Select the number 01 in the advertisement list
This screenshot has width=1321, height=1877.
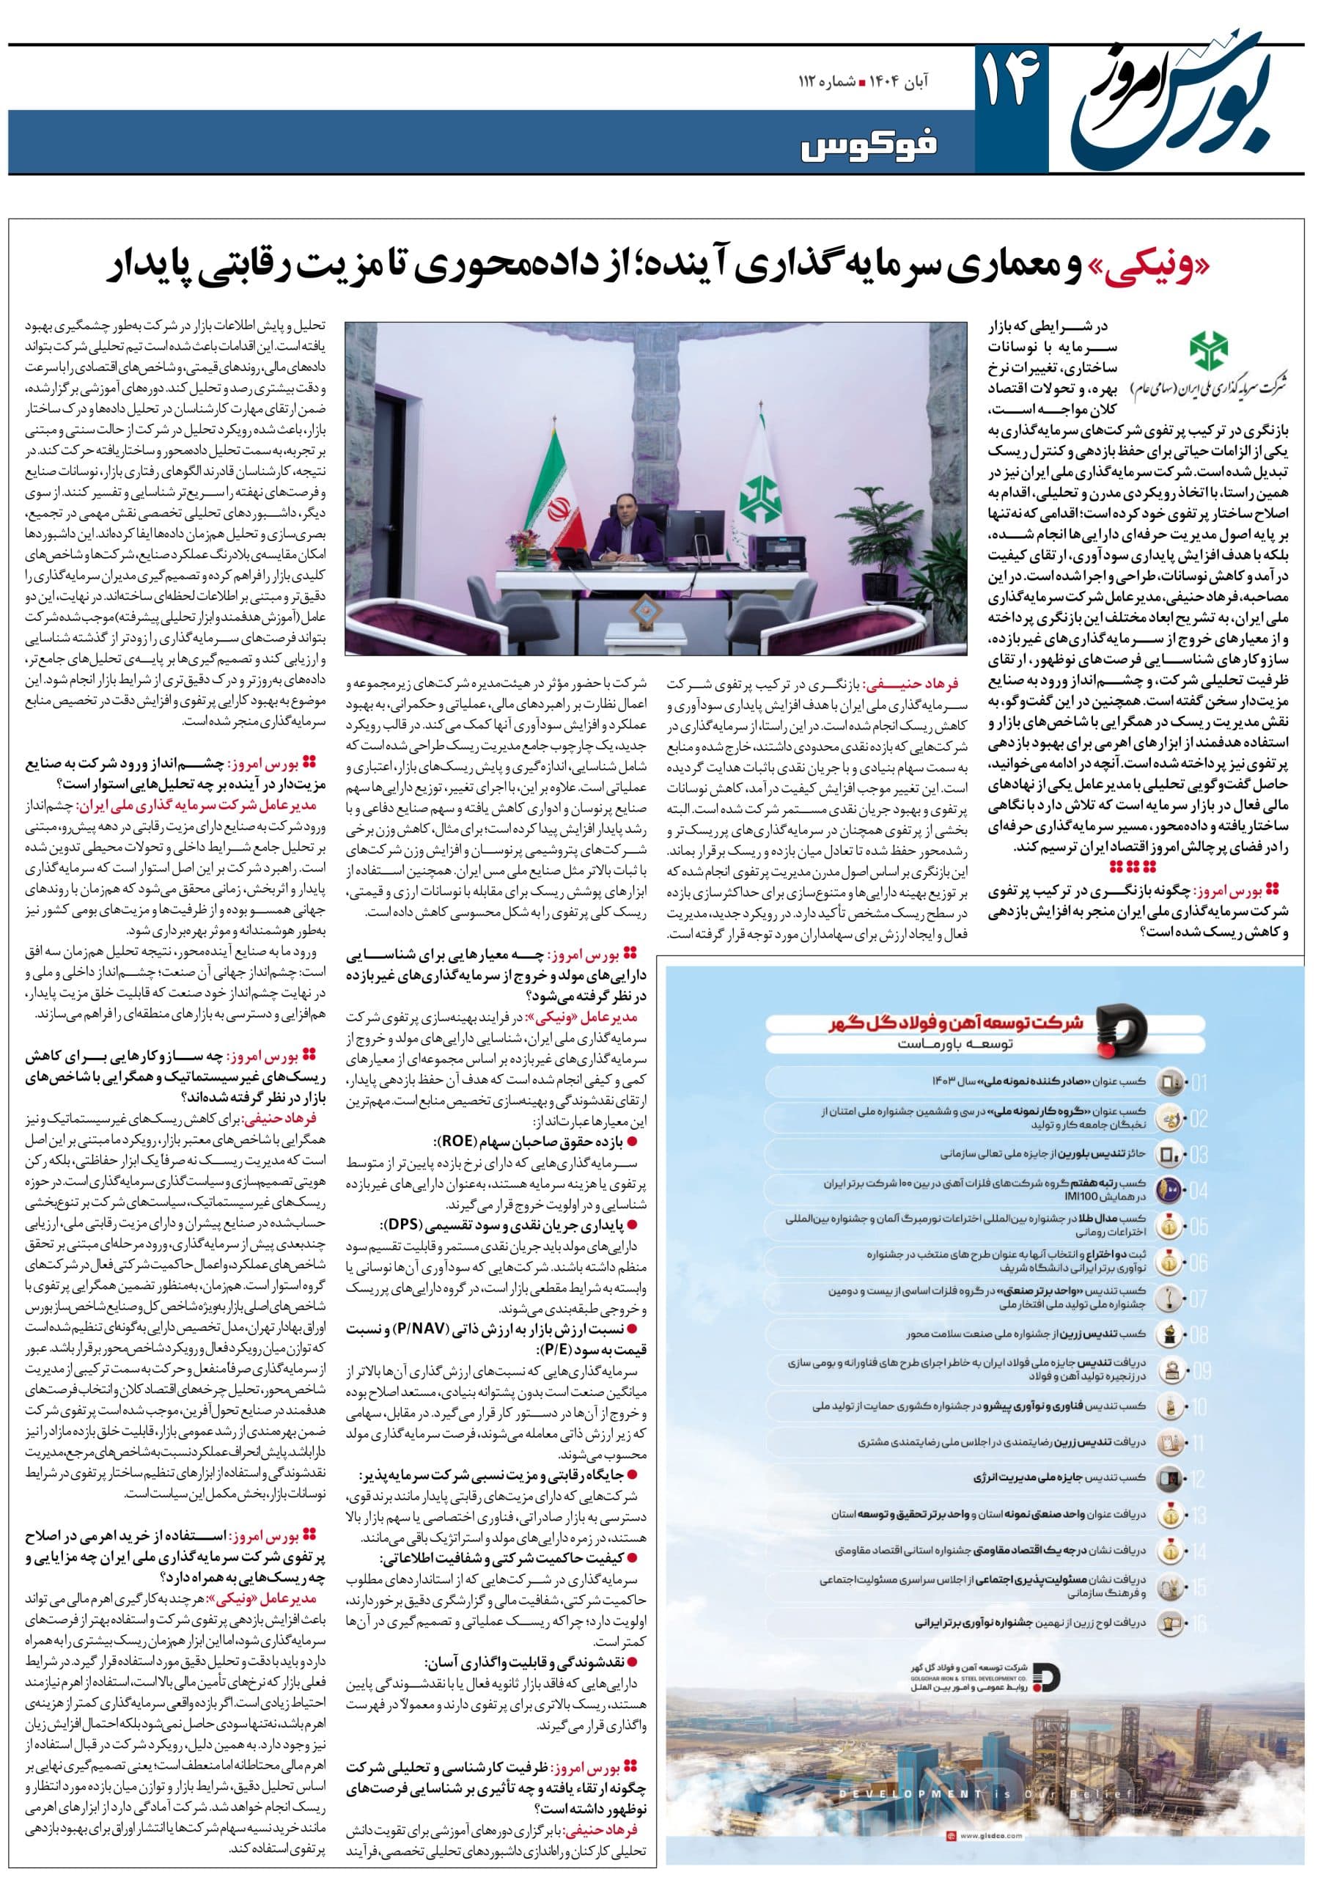[x=1199, y=1084]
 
